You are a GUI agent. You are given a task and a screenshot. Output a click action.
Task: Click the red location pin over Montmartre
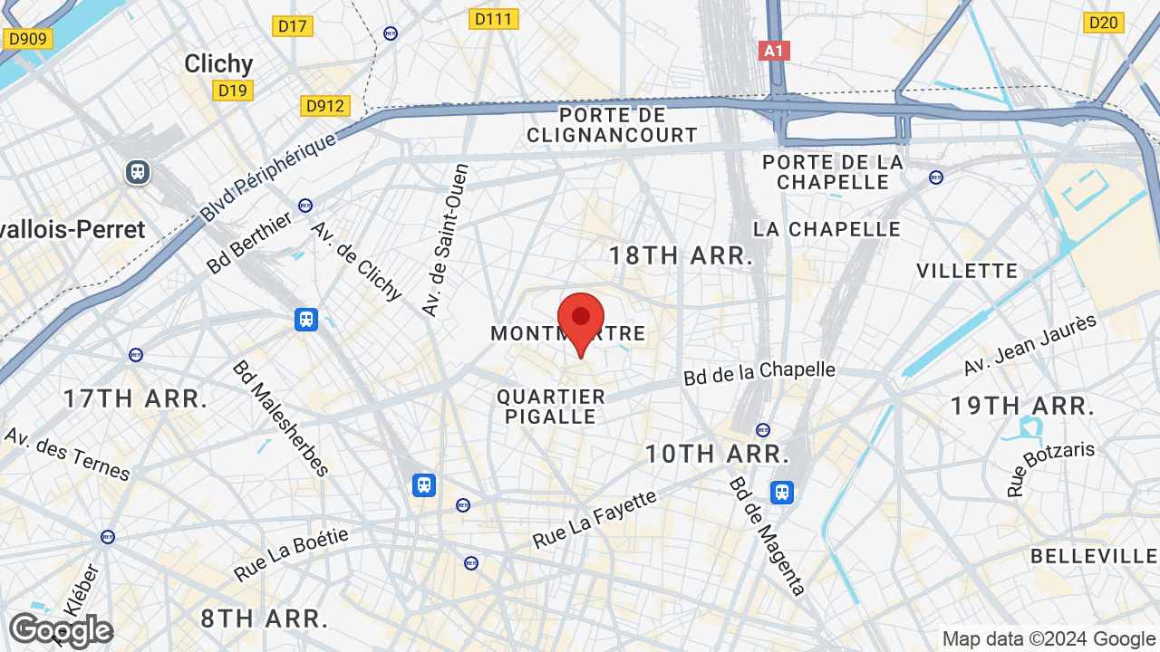point(581,320)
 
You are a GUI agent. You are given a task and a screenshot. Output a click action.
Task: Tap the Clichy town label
point(218,63)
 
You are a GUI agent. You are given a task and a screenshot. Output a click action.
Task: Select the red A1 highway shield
point(774,51)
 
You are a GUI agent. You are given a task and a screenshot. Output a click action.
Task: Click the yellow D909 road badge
point(28,39)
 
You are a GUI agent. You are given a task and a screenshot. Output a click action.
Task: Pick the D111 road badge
point(494,19)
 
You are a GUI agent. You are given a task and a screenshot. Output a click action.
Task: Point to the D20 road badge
point(1103,23)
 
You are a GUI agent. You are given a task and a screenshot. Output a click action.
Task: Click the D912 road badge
point(324,106)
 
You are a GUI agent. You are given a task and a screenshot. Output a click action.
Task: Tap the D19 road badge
point(233,90)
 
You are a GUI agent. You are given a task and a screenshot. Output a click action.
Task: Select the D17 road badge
point(292,26)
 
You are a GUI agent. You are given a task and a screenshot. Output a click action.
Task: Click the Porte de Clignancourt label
point(613,125)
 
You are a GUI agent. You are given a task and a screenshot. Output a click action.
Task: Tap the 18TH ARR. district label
point(681,255)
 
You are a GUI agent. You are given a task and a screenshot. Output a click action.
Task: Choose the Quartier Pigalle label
point(551,407)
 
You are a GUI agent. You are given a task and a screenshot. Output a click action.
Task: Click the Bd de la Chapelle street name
point(759,372)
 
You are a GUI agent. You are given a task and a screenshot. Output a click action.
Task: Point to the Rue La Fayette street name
point(594,520)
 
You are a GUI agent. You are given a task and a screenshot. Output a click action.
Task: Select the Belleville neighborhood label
point(1094,556)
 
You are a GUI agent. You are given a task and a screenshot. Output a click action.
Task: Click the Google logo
point(60,630)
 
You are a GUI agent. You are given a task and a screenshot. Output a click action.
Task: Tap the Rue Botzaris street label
point(1050,468)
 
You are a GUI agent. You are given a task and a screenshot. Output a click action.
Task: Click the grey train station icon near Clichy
point(138,171)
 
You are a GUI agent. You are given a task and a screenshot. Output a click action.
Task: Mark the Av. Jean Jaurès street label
point(1029,345)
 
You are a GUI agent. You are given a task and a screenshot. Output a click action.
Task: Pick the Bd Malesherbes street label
point(280,417)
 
